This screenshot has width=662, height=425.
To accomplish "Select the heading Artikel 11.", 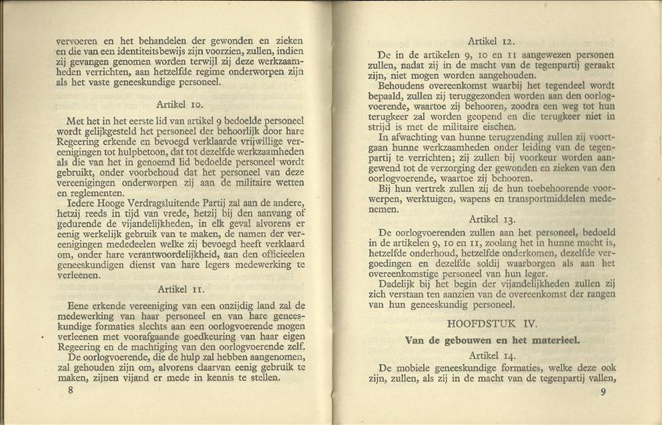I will (181, 289).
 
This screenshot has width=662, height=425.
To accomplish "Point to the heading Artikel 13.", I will (491, 218).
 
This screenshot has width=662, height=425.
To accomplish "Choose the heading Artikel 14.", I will (491, 355).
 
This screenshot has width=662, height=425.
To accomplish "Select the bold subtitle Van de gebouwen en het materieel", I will (492, 340).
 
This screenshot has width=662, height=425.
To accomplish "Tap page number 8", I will (70, 390).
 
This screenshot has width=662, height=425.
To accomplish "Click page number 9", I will (603, 392).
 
